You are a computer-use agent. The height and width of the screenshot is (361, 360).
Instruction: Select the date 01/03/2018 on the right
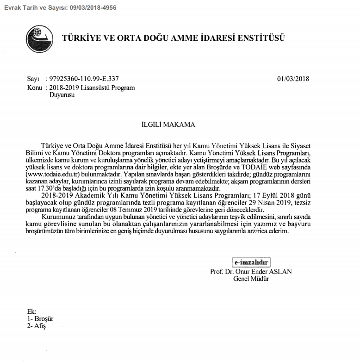[293, 79]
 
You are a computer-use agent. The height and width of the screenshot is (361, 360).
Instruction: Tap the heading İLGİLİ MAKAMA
[168, 124]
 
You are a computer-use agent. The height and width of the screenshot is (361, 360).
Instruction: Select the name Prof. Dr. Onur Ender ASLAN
[251, 272]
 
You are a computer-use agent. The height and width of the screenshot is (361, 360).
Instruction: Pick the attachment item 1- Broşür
[40, 319]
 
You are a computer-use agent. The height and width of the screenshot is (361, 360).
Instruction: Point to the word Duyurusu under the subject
[62, 94]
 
